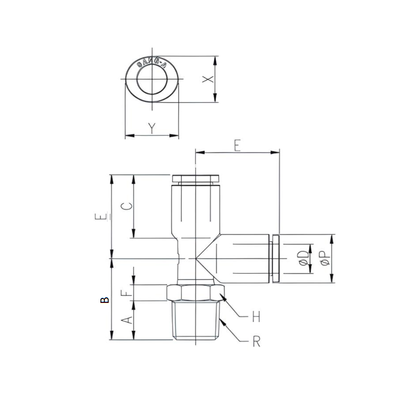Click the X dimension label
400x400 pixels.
click(207, 79)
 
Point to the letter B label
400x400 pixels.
click(105, 301)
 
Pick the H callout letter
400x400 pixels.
click(255, 317)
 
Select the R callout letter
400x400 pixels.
click(256, 342)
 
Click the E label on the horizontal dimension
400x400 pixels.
click(237, 146)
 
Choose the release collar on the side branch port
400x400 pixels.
click(275, 259)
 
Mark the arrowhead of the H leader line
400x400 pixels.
click(222, 297)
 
